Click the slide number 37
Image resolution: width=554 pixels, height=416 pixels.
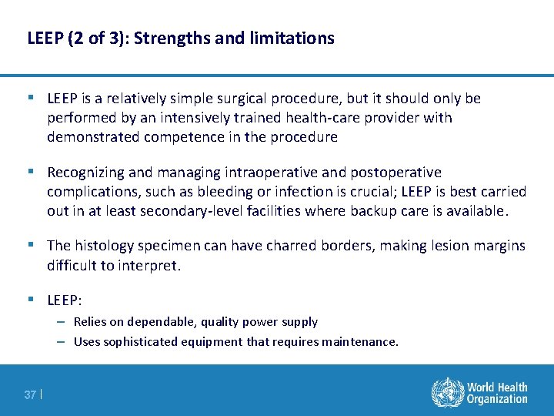(x=30, y=394)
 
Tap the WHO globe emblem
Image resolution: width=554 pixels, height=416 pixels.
(x=447, y=391)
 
